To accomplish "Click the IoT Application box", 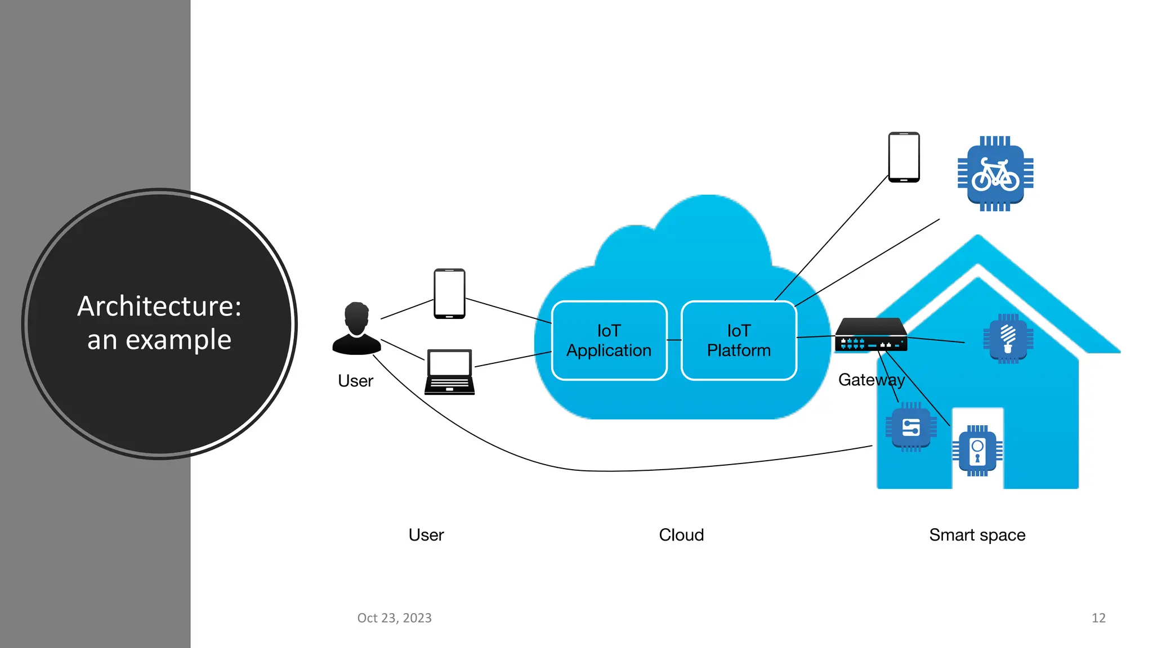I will (x=609, y=340).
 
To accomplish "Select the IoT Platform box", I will (x=739, y=340).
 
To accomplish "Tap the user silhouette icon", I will (x=356, y=329).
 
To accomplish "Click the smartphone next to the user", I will (x=449, y=294).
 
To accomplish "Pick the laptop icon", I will (x=449, y=372).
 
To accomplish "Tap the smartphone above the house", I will (x=904, y=157).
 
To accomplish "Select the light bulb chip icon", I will (x=1008, y=339).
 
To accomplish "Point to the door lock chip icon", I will (x=977, y=451).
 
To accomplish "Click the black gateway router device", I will (x=871, y=335).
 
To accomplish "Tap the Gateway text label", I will (x=871, y=380).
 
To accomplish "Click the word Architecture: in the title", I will (x=159, y=307).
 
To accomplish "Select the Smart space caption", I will (x=977, y=535).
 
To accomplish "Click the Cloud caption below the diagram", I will (x=681, y=535).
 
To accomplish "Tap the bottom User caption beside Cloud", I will (x=426, y=535).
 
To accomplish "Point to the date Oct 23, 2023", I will (x=394, y=618).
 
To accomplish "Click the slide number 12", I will (x=1098, y=618).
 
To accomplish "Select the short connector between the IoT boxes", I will (x=674, y=340).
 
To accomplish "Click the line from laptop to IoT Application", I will (x=512, y=359).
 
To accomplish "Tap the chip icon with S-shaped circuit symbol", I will (x=911, y=427).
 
